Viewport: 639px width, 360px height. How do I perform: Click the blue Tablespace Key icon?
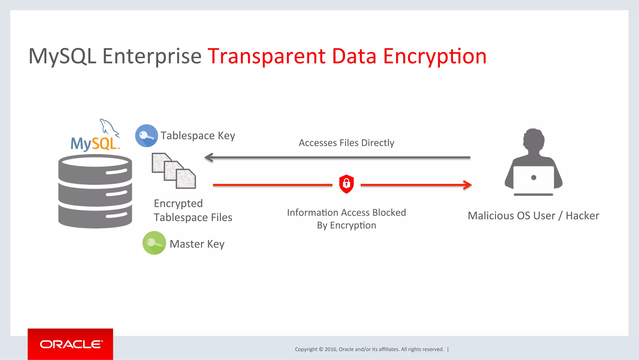[x=146, y=136]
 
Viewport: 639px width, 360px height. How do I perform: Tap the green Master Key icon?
[x=154, y=243]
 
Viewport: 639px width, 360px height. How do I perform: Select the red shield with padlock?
[x=346, y=184]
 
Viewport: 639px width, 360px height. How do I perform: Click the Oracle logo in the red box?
[x=71, y=344]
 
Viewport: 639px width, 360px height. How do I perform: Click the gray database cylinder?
[x=95, y=191]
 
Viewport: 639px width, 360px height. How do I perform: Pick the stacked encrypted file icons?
[x=174, y=171]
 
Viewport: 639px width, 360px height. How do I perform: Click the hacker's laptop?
[x=534, y=180]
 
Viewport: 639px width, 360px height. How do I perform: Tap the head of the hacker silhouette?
[x=534, y=140]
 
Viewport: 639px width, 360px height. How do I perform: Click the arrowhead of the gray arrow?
[x=208, y=157]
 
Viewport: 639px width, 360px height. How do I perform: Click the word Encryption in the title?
[x=435, y=57]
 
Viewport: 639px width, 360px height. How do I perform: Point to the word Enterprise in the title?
[x=152, y=57]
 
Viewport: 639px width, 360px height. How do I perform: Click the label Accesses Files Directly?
[x=346, y=143]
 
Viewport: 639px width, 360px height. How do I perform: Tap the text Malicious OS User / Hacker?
[x=533, y=216]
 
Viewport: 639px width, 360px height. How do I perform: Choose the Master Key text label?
[x=197, y=244]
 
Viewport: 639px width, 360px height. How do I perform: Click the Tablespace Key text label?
[x=198, y=136]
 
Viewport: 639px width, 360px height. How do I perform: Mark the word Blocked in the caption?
[x=389, y=213]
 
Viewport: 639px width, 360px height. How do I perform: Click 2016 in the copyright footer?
[x=330, y=349]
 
